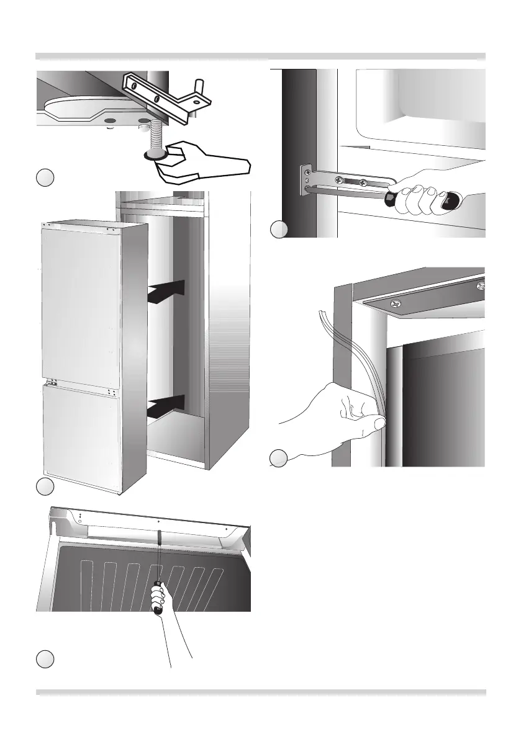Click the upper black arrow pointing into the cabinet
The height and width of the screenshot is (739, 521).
168,292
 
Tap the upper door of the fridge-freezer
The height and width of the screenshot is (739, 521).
81,304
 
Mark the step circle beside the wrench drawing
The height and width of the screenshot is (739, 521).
44,178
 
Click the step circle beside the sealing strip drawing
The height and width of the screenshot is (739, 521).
279,459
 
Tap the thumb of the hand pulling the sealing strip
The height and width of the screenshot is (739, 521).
374,424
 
